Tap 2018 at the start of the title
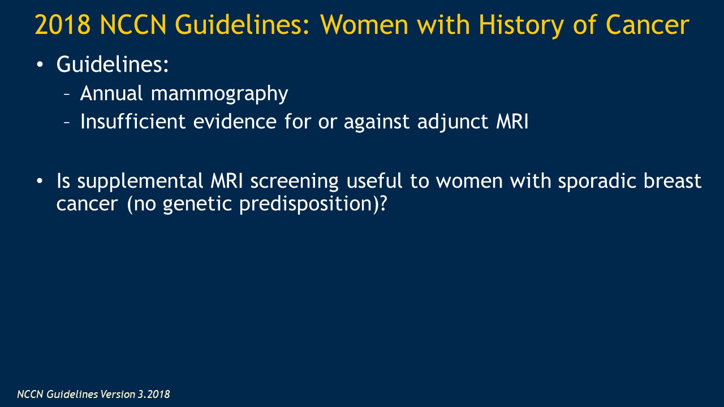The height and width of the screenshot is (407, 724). point(62,24)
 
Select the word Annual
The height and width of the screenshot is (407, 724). point(111,93)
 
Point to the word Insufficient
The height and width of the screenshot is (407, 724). point(133,122)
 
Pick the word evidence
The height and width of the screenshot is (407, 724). point(235,122)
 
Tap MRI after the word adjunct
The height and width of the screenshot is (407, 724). point(512,122)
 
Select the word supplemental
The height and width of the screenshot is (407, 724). point(140,182)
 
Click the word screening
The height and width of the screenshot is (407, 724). point(295,182)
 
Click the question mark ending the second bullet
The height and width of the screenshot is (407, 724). point(383,203)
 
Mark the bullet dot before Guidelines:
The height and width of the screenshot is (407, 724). point(40,64)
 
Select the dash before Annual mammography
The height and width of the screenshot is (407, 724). point(67,94)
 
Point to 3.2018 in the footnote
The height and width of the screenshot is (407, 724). point(154,394)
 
